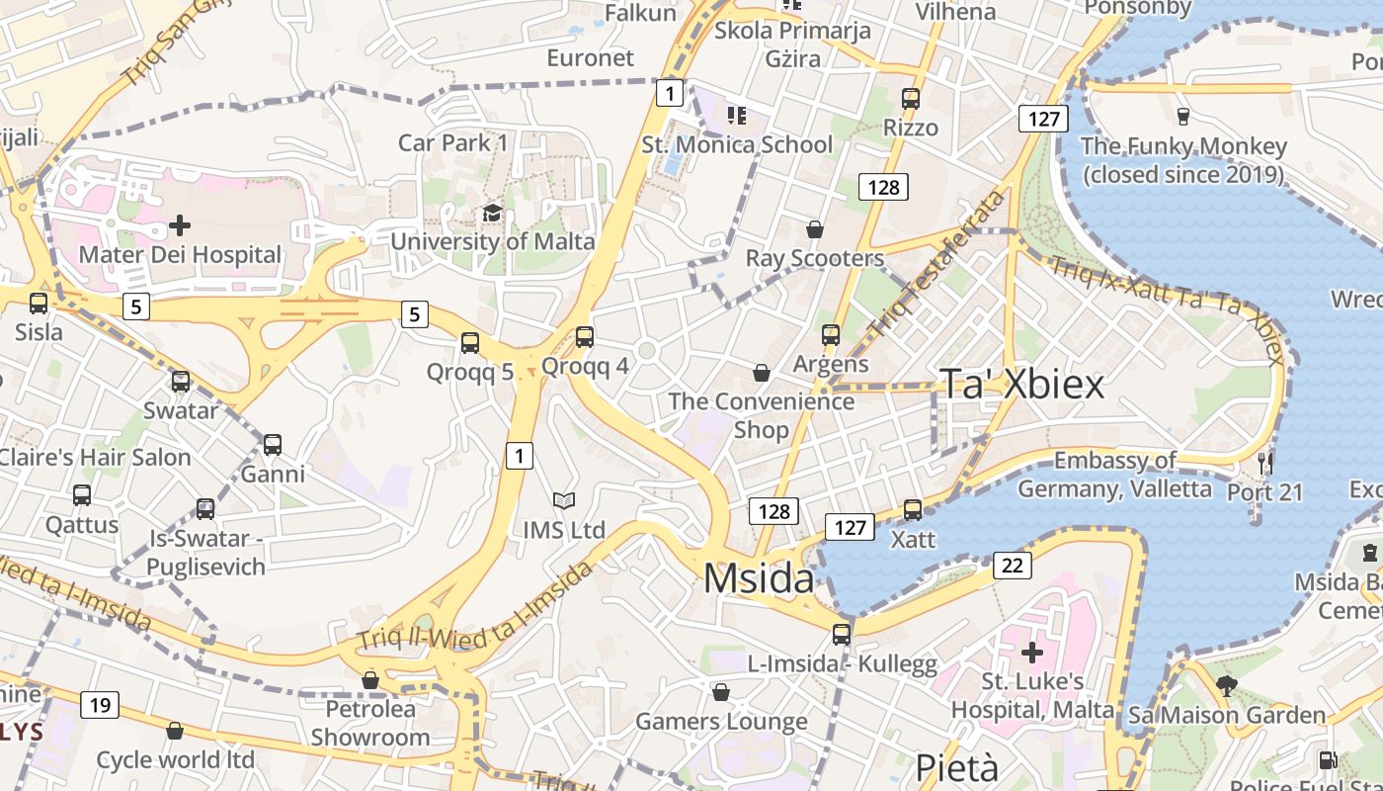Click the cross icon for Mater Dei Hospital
pos(180,225)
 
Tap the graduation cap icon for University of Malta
pos(492,213)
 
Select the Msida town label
pos(759,578)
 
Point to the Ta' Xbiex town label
pos(1020,384)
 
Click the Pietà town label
pos(956,768)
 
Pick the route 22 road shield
pos(1012,566)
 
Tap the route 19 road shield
pos(99,705)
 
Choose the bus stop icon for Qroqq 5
pos(470,343)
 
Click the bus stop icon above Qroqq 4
pos(585,337)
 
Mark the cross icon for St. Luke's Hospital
pos(1032,653)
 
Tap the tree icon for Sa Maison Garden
pos(1227,685)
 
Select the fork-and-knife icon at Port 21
pos(1265,462)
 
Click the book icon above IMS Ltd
pos(564,501)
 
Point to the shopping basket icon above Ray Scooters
pos(815,229)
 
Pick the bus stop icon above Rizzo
pos(911,99)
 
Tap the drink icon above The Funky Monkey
pos(1183,117)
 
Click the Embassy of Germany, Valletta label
pos(1114,475)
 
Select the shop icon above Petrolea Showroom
pos(370,680)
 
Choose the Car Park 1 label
pos(452,143)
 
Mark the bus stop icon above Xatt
pos(913,510)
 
